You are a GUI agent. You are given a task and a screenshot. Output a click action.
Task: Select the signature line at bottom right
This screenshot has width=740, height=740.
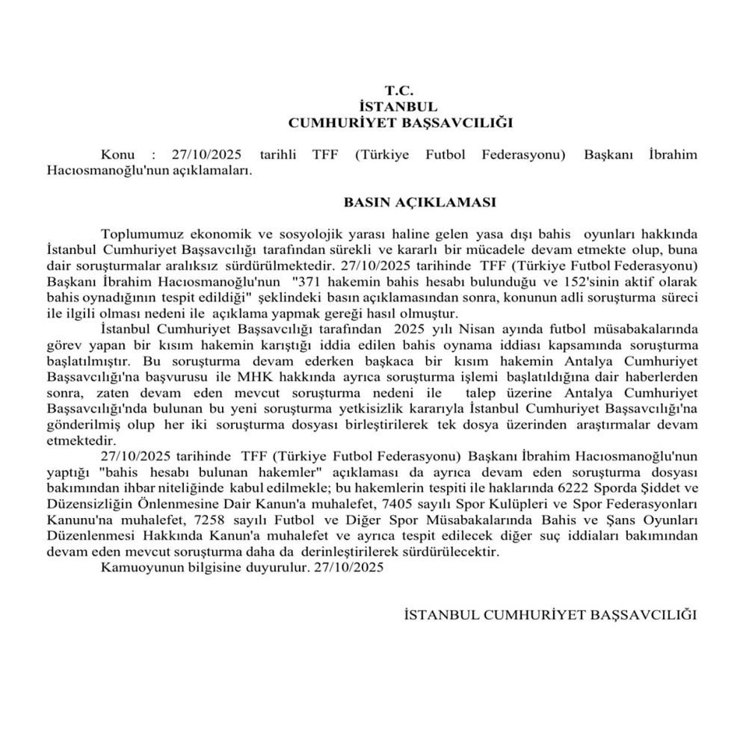point(549,615)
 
